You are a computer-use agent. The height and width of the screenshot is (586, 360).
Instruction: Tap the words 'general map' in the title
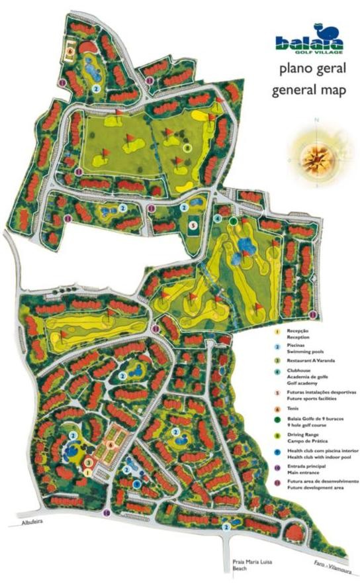[308, 89]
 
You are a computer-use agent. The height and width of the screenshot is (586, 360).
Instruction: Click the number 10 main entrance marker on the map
[107, 513]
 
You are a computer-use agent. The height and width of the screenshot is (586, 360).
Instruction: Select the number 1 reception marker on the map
[87, 472]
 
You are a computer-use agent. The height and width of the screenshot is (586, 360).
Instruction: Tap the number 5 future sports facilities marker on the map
[193, 225]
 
